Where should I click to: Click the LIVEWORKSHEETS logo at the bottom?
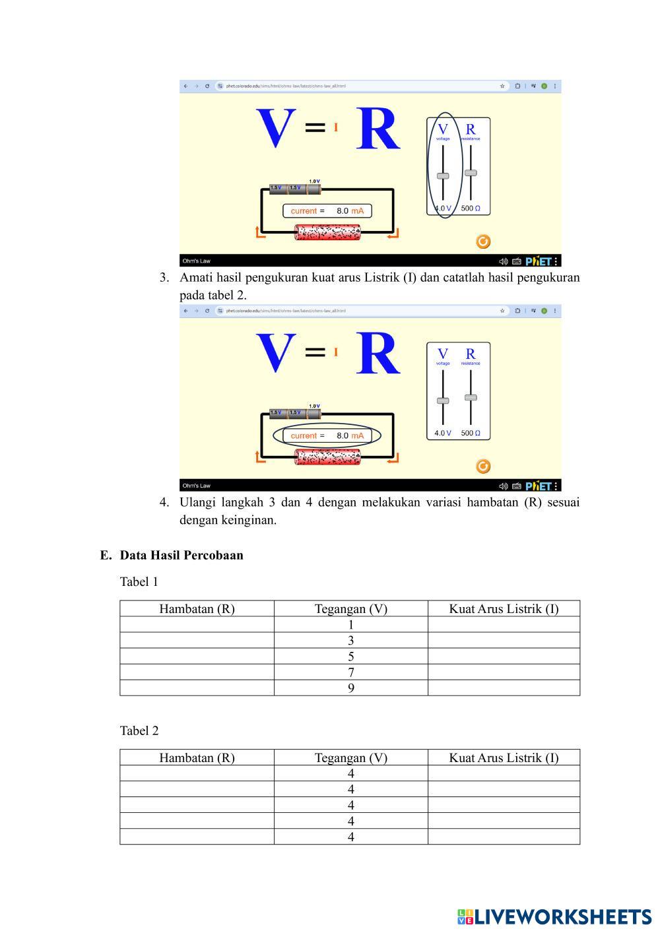554,917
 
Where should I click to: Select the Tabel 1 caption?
139,581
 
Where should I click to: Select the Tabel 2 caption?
139,730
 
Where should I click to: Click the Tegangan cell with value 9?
350,688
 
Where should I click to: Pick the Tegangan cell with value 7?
350,672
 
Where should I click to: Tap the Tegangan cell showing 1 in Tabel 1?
350,624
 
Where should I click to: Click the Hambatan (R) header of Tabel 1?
197,608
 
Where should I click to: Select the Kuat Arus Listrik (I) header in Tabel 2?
504,757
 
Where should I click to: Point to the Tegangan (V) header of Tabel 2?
350,757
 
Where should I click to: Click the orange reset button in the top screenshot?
483,241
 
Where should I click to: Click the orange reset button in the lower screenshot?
483,466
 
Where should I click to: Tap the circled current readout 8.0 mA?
327,435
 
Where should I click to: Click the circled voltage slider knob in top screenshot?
443,176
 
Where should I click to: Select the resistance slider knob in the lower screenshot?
471,397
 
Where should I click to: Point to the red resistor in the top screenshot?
327,232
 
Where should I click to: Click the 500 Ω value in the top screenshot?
471,209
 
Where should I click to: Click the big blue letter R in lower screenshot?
378,354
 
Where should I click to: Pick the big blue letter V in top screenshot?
275,129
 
